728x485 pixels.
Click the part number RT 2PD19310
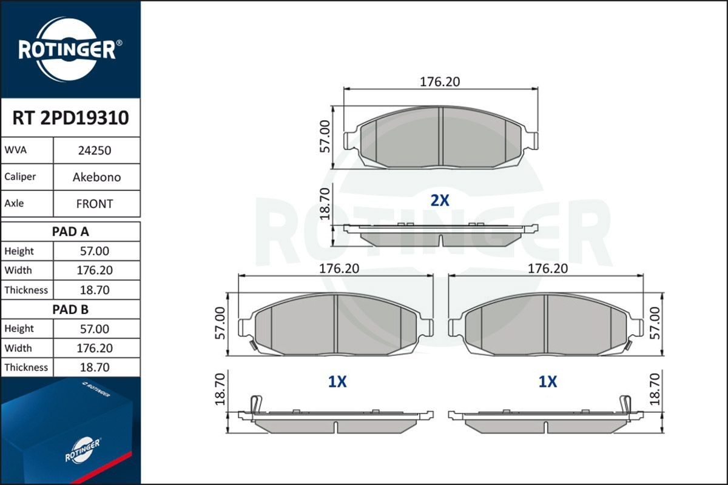pyautogui.click(x=70, y=118)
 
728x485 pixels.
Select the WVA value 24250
pyautogui.click(x=94, y=150)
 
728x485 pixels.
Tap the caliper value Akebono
pyautogui.click(x=96, y=177)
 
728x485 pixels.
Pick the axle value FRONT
pyautogui.click(x=95, y=204)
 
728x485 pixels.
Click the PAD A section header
pyautogui.click(x=70, y=231)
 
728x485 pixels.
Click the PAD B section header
pyautogui.click(x=70, y=309)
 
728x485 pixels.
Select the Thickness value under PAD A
pyautogui.click(x=94, y=290)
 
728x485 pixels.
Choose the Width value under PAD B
pyautogui.click(x=94, y=348)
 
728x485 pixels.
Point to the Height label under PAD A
pyautogui.click(x=19, y=251)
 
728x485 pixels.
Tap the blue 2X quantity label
pyautogui.click(x=440, y=201)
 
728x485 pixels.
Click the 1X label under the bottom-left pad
pyautogui.click(x=337, y=381)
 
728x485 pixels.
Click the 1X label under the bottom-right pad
pyautogui.click(x=547, y=381)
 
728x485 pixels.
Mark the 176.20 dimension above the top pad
pyautogui.click(x=440, y=82)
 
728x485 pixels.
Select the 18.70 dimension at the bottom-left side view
pyautogui.click(x=220, y=389)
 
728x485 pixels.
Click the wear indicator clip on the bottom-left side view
pyautogui.click(x=256, y=403)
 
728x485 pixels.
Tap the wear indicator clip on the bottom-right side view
pyautogui.click(x=625, y=403)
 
